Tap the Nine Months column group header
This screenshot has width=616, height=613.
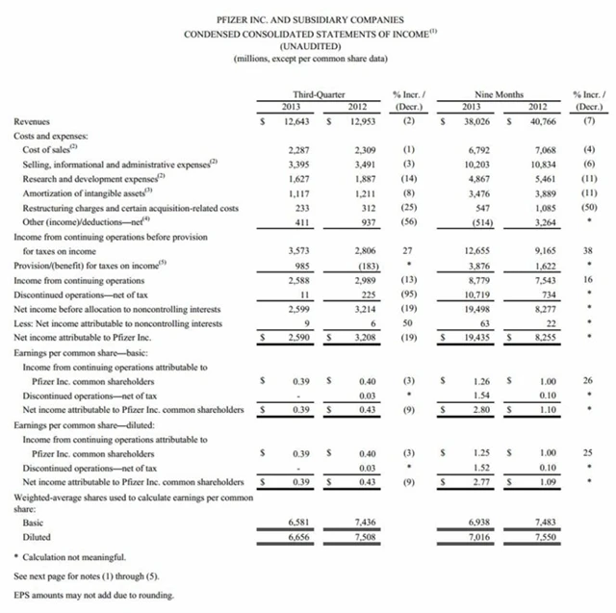click(498, 94)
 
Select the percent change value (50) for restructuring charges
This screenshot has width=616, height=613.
click(588, 208)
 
